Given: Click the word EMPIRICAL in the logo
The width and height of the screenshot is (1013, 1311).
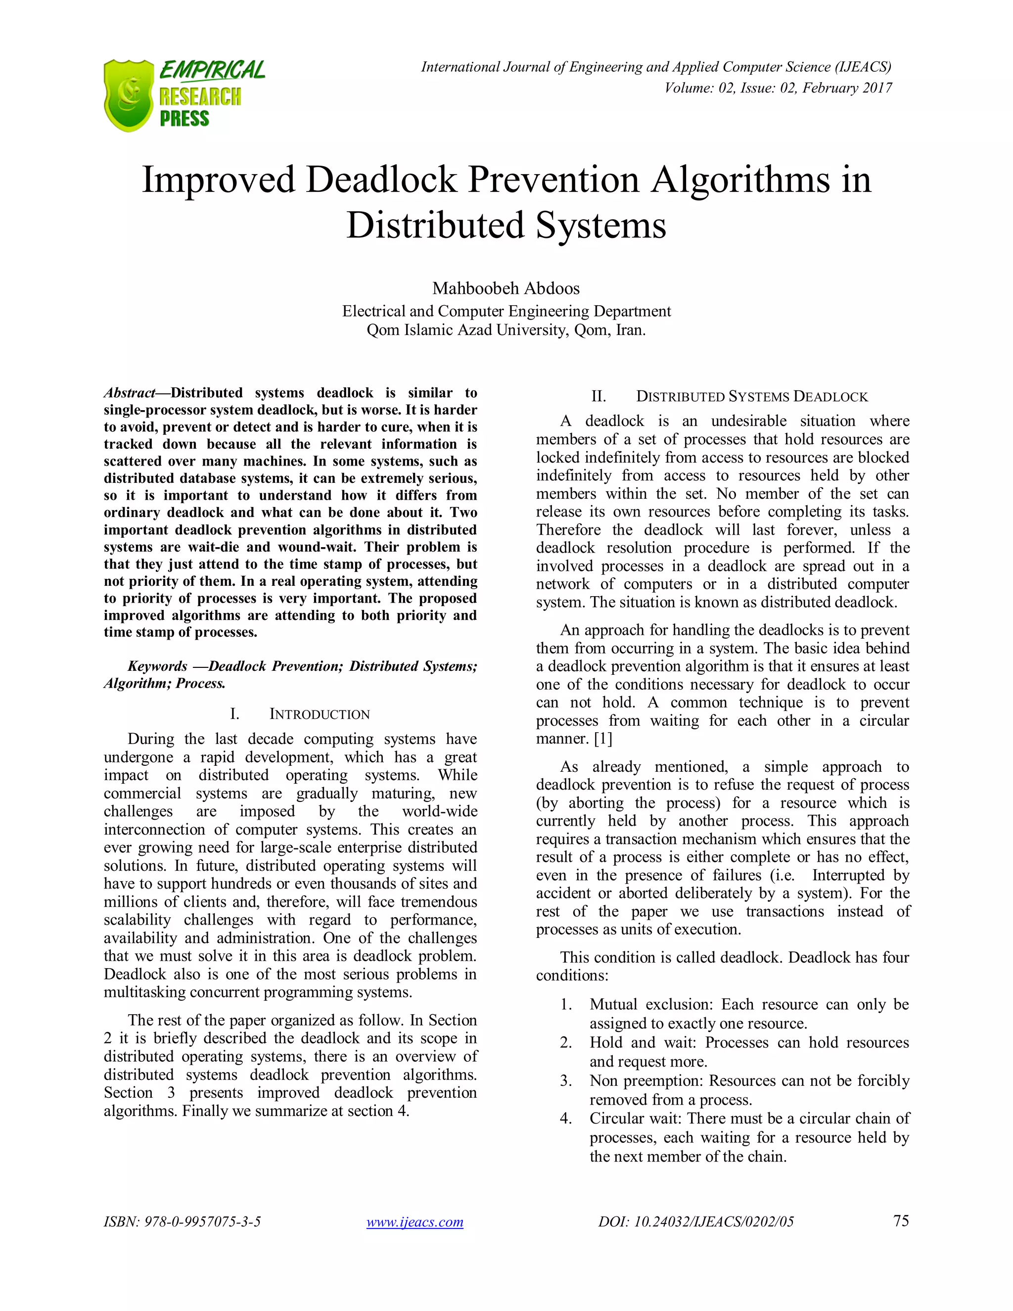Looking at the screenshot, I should click(212, 70).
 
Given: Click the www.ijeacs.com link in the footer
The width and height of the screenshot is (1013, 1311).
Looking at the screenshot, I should click(414, 1222).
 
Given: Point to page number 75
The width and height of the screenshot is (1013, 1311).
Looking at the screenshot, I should click(901, 1220).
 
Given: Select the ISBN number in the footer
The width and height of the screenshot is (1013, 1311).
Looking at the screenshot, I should click(183, 1222).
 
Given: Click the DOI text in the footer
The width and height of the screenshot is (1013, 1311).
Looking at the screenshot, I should click(695, 1222).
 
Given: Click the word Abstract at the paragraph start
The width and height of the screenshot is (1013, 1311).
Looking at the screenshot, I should click(129, 393).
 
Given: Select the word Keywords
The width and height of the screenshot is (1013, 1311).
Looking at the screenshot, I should click(157, 666).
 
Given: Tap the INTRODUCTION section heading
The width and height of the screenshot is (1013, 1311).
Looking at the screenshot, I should click(319, 714).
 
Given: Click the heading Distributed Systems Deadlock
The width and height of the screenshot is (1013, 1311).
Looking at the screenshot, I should click(751, 397).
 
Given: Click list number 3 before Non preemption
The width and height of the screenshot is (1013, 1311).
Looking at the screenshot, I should click(565, 1081).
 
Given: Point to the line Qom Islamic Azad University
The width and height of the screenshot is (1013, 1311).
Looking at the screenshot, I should click(506, 330).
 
